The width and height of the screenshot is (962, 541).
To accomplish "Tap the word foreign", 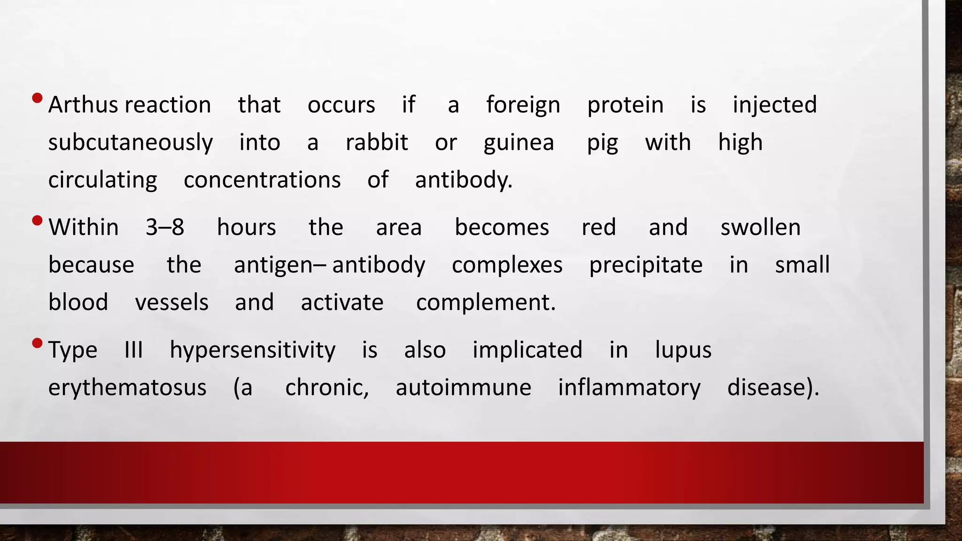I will pos(523,105).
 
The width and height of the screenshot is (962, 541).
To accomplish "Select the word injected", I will pos(775,105).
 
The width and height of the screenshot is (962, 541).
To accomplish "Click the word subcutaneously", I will pos(130,143).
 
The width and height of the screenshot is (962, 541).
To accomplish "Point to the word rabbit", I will pos(377,142).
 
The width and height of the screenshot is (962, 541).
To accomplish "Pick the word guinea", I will pos(519,143).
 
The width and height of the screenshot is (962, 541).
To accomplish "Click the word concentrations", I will pos(262,180).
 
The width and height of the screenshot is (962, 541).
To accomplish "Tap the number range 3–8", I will pos(164,227).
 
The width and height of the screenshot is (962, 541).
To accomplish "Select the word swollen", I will pos(760,227).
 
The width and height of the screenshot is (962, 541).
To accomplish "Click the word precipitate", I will pos(645,265).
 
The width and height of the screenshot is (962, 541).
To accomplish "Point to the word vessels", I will pos(171,302).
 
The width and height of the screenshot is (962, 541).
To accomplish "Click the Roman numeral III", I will pos(133,350).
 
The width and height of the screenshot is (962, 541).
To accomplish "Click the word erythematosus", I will pos(127,388).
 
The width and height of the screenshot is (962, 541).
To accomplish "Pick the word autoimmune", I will pos(463,388).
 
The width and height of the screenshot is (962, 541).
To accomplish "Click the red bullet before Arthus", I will pos(38,98).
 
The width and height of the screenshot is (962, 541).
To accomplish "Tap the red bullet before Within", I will pos(38,220).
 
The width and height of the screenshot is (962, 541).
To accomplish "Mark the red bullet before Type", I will pos(38,343).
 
